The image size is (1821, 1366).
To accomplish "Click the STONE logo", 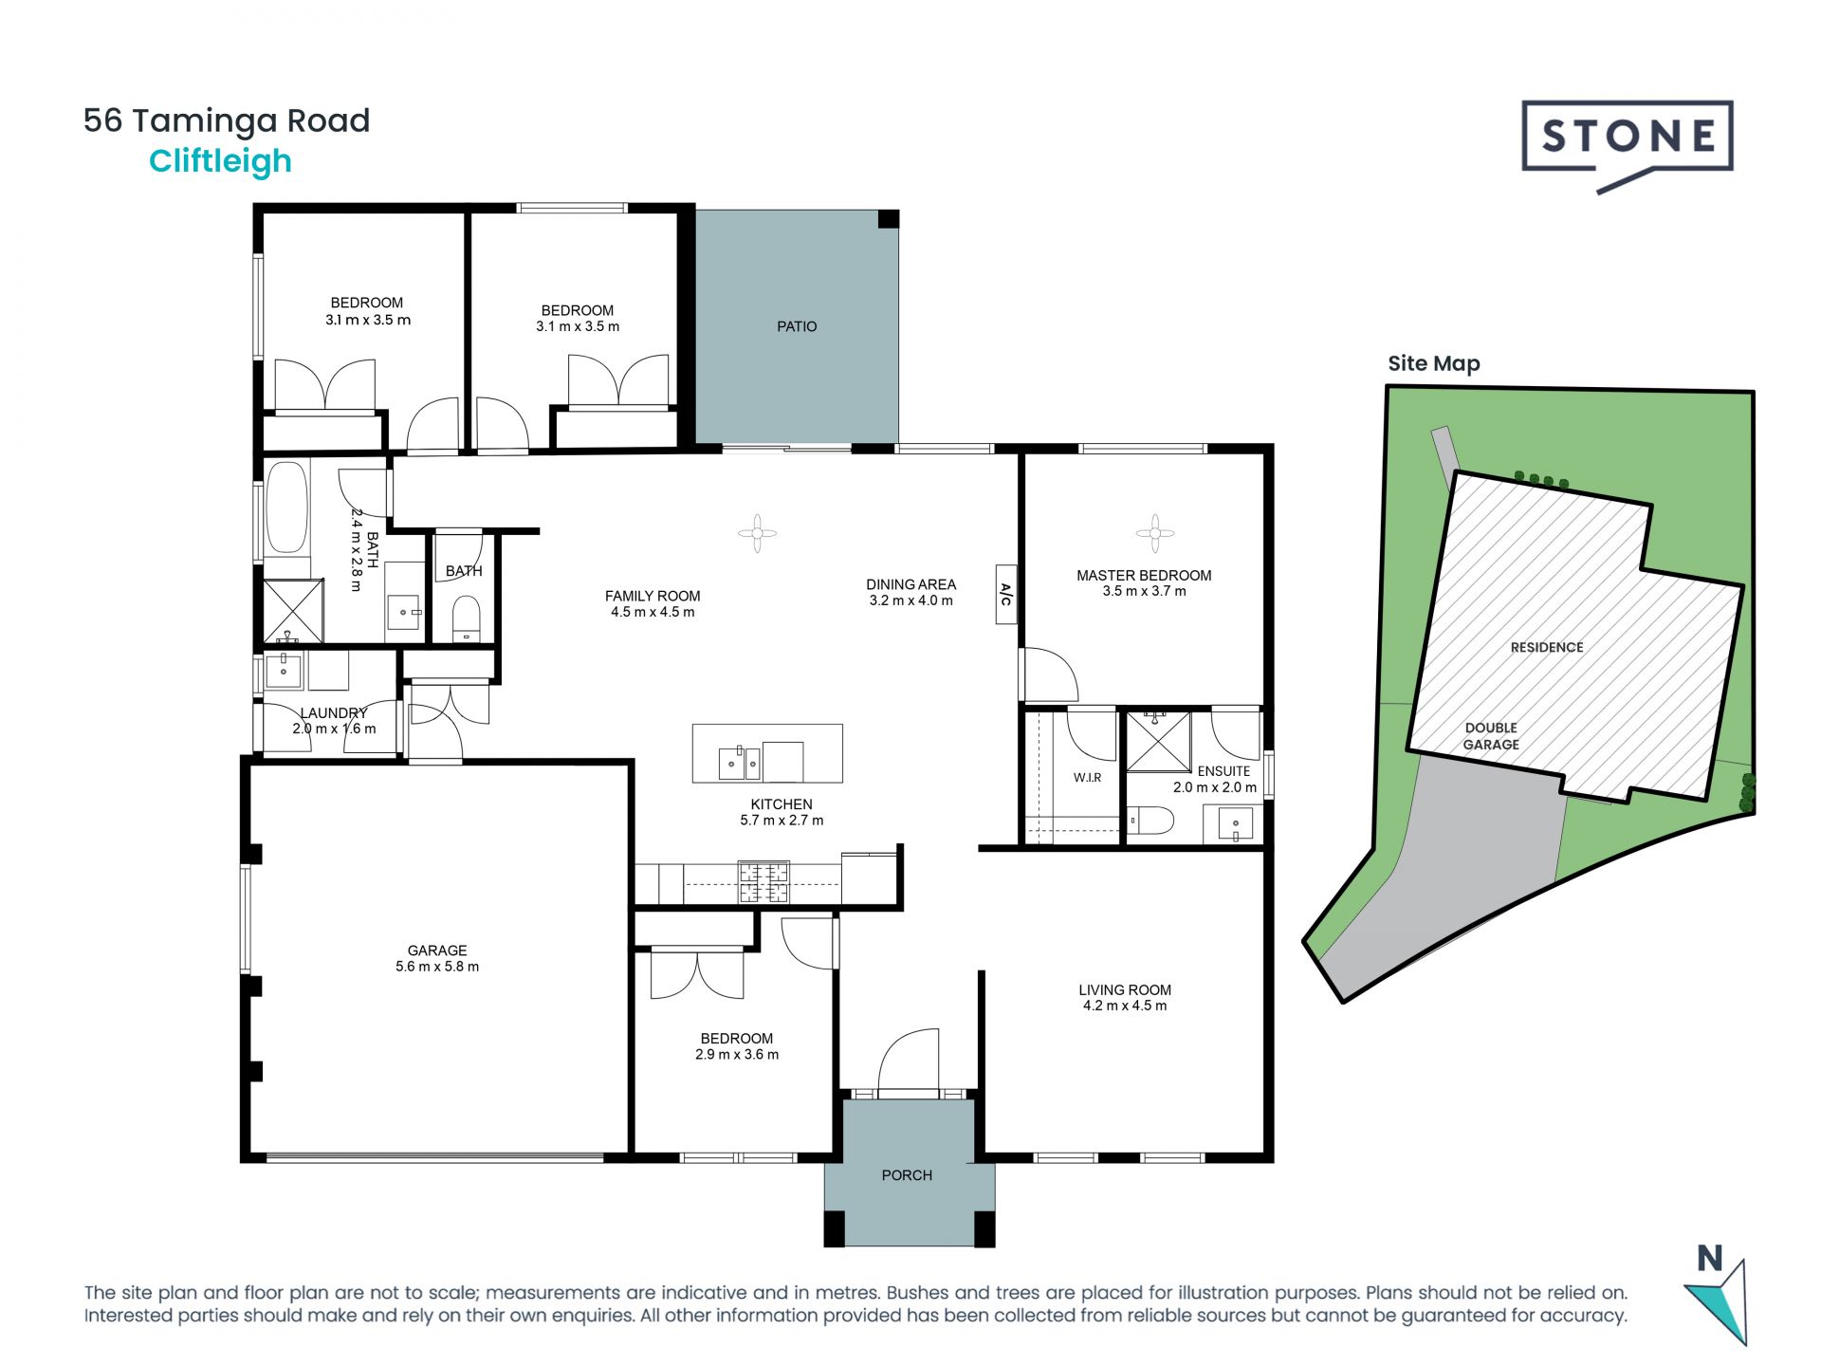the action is tap(1628, 145).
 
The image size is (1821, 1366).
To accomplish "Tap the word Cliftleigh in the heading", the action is tap(220, 161).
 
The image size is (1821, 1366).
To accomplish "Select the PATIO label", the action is tap(797, 326).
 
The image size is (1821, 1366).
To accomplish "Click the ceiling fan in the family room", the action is tap(757, 533).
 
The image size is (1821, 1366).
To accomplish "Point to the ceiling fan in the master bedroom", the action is tap(1154, 533).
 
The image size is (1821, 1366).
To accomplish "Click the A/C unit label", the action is tap(1006, 595).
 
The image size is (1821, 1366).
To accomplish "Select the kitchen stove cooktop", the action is tap(763, 881).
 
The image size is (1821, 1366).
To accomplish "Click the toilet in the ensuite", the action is tap(1150, 820).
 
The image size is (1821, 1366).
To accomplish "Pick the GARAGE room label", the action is tap(437, 951).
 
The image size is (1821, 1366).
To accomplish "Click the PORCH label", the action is tap(907, 1175).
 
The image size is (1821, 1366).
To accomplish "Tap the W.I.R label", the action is tap(1088, 778).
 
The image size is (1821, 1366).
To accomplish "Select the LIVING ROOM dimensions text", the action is tap(1125, 1006).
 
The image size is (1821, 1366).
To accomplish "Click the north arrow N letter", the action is tap(1709, 1259).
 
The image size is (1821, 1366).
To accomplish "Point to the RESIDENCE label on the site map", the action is tap(1547, 648).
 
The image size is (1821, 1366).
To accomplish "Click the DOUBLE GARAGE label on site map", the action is tap(1491, 736).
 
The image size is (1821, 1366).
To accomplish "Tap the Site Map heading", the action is tap(1434, 363).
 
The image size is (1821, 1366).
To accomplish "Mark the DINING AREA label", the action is tap(910, 584).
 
